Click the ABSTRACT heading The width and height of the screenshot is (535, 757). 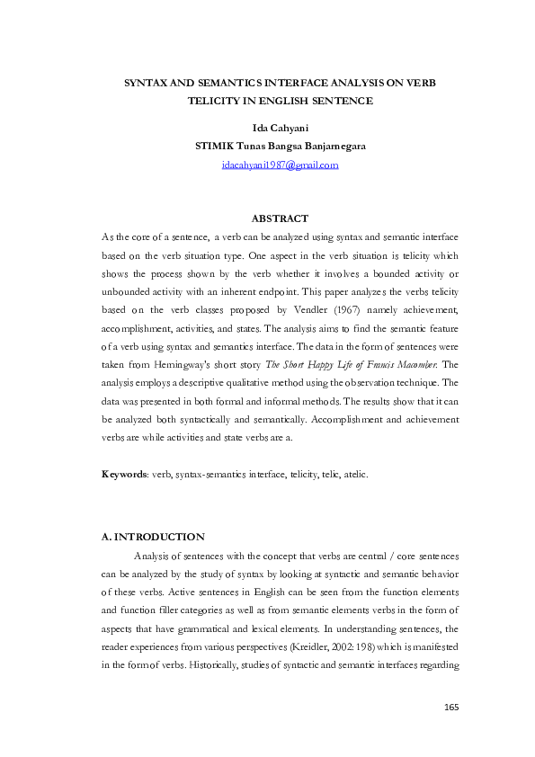280,218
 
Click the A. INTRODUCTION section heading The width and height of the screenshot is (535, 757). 153,537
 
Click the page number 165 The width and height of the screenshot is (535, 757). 451,708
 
